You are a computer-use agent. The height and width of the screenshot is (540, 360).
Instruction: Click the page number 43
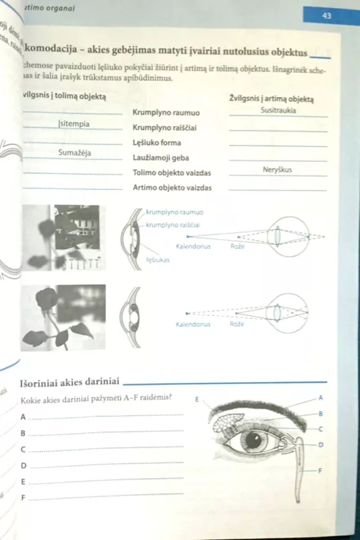pos(327,16)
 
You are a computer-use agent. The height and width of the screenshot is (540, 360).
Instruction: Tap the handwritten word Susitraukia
pos(278,110)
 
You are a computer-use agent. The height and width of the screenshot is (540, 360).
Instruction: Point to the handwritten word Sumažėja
pos(74,153)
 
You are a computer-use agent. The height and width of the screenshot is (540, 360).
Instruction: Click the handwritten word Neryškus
pos(277,169)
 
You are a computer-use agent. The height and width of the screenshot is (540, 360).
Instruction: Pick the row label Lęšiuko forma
pos(157,143)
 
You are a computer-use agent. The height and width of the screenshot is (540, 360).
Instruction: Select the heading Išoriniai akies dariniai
pos(70,383)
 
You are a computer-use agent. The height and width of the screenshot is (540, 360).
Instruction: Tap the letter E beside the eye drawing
pos(196,399)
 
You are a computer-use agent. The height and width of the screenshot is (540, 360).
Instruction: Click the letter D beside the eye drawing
pos(321,444)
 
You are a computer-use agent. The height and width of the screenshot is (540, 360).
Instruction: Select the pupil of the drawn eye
pos(255,441)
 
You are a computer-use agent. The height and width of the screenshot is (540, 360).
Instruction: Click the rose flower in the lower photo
pos(47,299)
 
